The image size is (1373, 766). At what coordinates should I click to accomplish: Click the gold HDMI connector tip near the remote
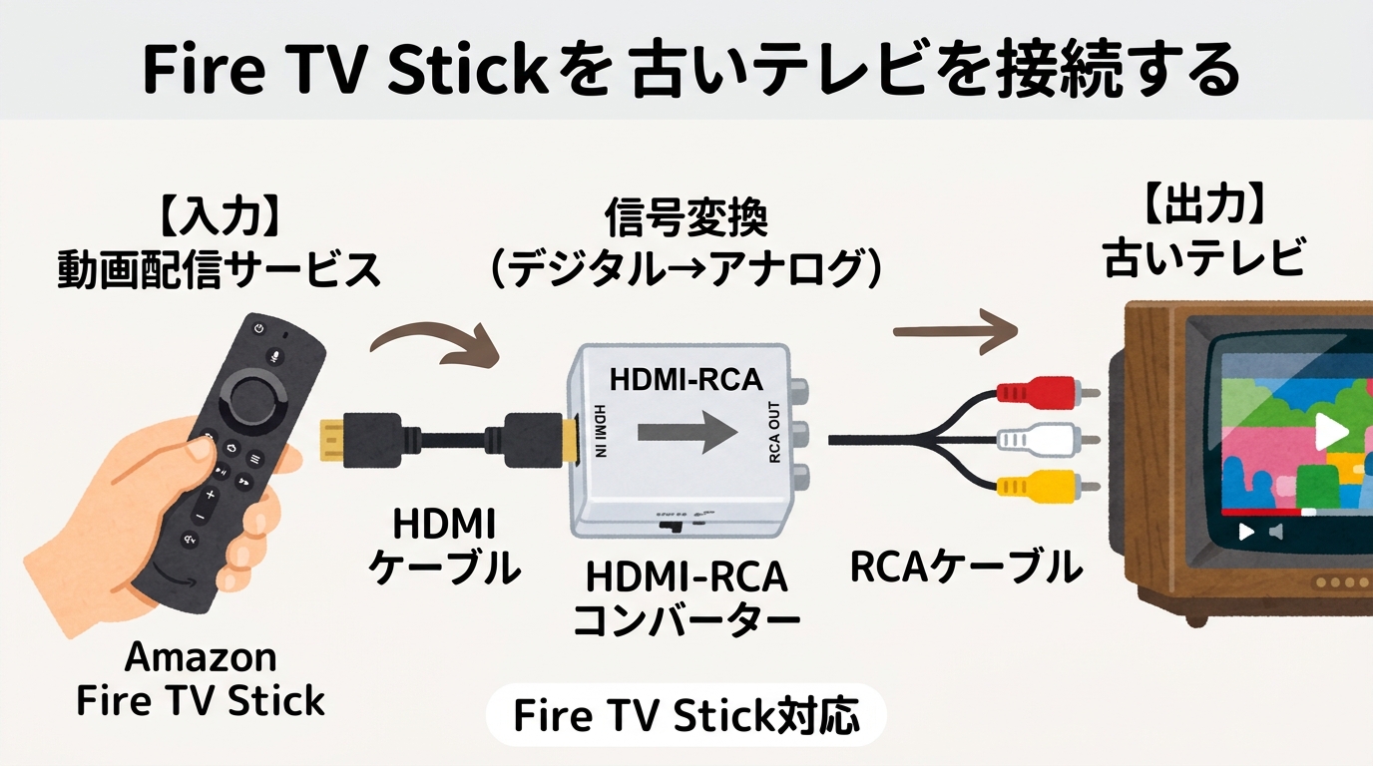pos(332,440)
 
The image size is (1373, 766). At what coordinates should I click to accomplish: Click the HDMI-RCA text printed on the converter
pos(686,379)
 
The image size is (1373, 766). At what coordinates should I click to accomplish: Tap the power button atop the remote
pos(259,328)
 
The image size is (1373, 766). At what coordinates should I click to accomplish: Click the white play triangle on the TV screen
pos(1328,430)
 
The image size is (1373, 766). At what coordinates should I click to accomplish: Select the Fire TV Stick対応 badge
pos(686,715)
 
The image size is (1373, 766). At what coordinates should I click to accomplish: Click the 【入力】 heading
pos(218,214)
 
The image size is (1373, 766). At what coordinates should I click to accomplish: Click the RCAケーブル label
pos(965,568)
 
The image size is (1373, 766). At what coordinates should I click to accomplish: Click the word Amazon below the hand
pos(201,657)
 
